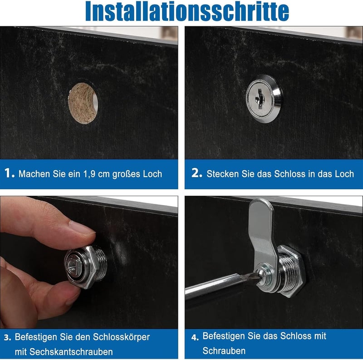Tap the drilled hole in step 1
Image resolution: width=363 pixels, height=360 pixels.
[83, 103]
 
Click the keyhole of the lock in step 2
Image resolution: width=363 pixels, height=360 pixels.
[260, 99]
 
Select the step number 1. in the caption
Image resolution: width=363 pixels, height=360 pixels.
[10, 173]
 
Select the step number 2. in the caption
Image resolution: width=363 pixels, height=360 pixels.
[197, 173]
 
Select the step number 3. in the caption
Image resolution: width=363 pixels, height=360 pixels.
[7, 337]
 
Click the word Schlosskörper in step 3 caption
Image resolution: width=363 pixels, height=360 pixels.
[121, 337]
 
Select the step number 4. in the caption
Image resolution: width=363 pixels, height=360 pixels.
[195, 337]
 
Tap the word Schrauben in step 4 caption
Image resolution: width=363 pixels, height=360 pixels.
[224, 351]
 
